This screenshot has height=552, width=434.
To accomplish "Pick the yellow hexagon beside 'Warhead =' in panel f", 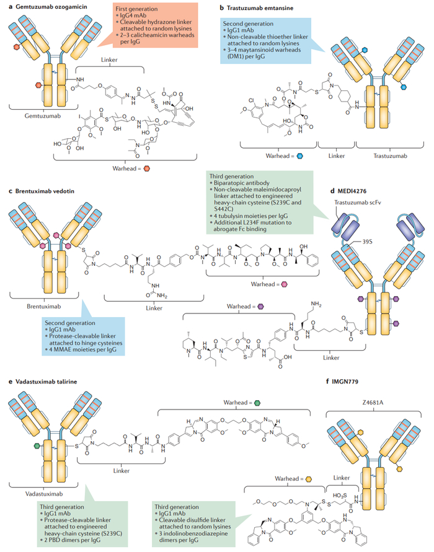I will coord(308,479).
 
